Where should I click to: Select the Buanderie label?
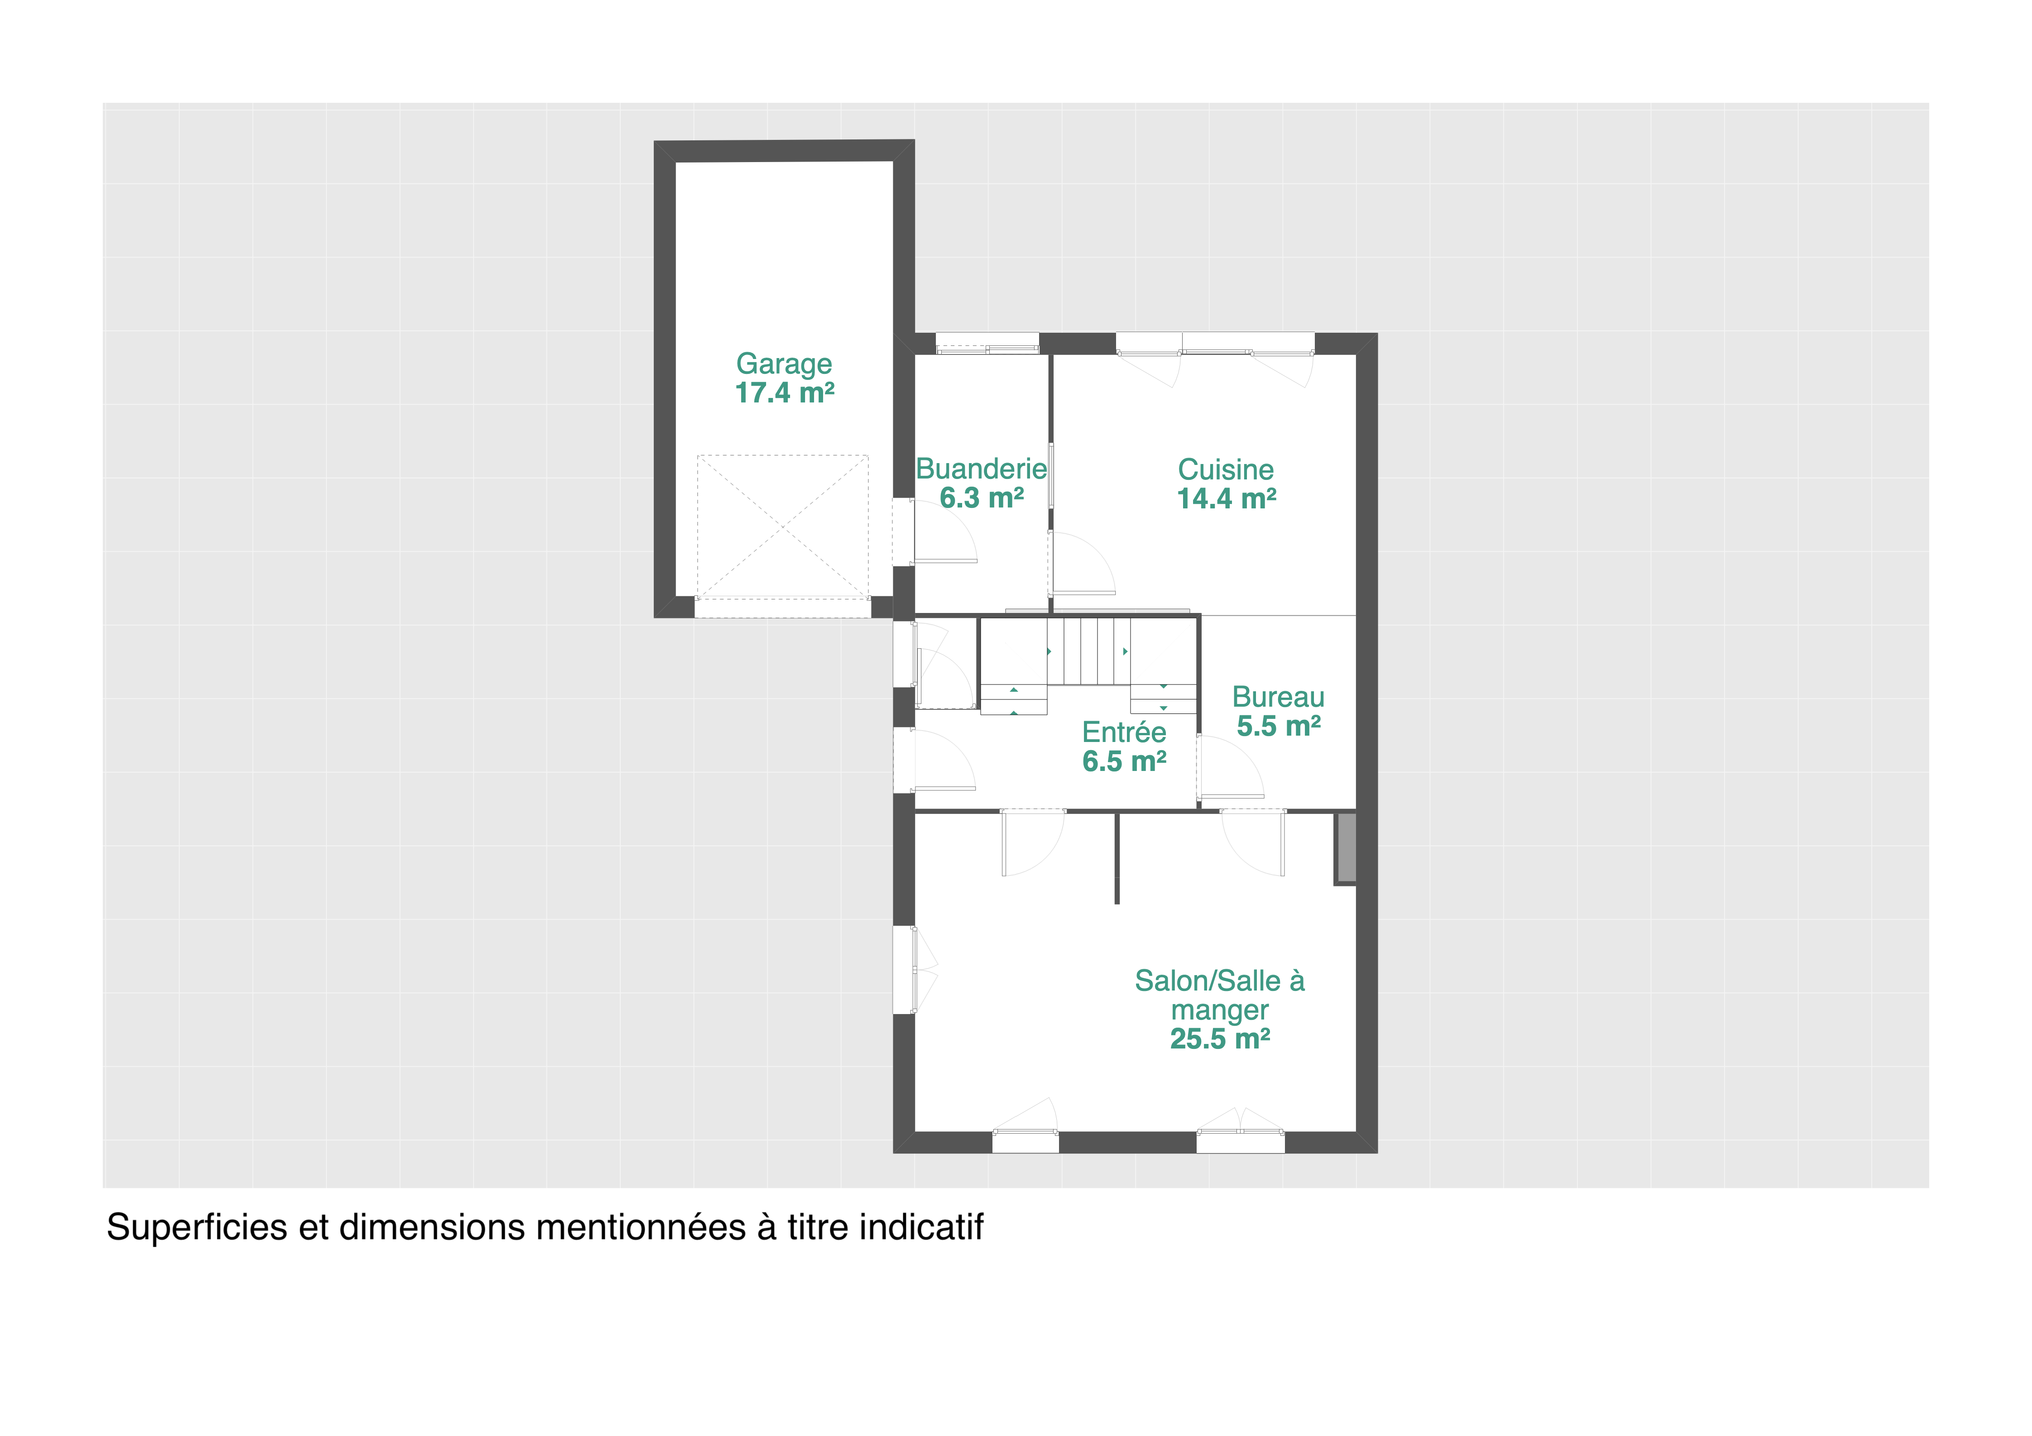click(982, 469)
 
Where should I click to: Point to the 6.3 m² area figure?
click(982, 498)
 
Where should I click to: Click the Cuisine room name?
click(1226, 470)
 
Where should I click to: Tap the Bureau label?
click(1278, 697)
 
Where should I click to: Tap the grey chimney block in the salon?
click(1346, 847)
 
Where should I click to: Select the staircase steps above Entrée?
click(1088, 651)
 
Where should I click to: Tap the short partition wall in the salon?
click(1117, 857)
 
